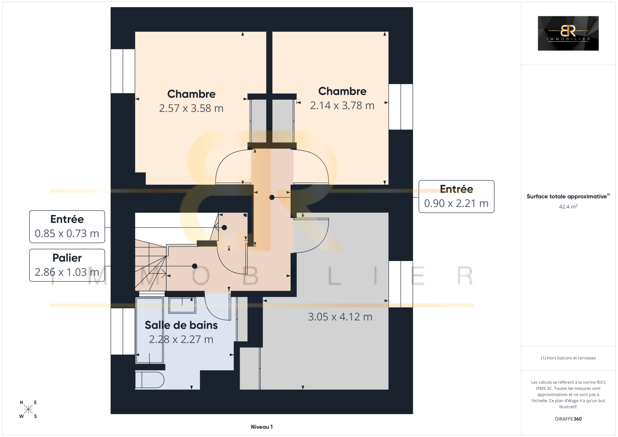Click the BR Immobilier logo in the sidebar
point(568,33)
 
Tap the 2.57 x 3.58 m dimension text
point(191,108)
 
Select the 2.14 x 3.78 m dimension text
point(342,105)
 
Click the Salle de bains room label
point(181,325)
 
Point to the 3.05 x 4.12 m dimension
point(340,317)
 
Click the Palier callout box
point(67,265)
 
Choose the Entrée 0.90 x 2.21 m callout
point(456,196)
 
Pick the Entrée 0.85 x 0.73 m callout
point(67,227)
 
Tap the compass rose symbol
point(28,409)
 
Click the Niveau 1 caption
point(262,427)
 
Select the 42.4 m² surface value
point(568,207)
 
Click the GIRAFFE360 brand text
point(568,419)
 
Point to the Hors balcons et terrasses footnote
point(568,358)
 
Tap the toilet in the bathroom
point(150,380)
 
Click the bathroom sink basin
point(182,305)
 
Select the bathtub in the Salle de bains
point(149,330)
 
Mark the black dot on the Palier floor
point(195,266)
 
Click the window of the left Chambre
point(123,71)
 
